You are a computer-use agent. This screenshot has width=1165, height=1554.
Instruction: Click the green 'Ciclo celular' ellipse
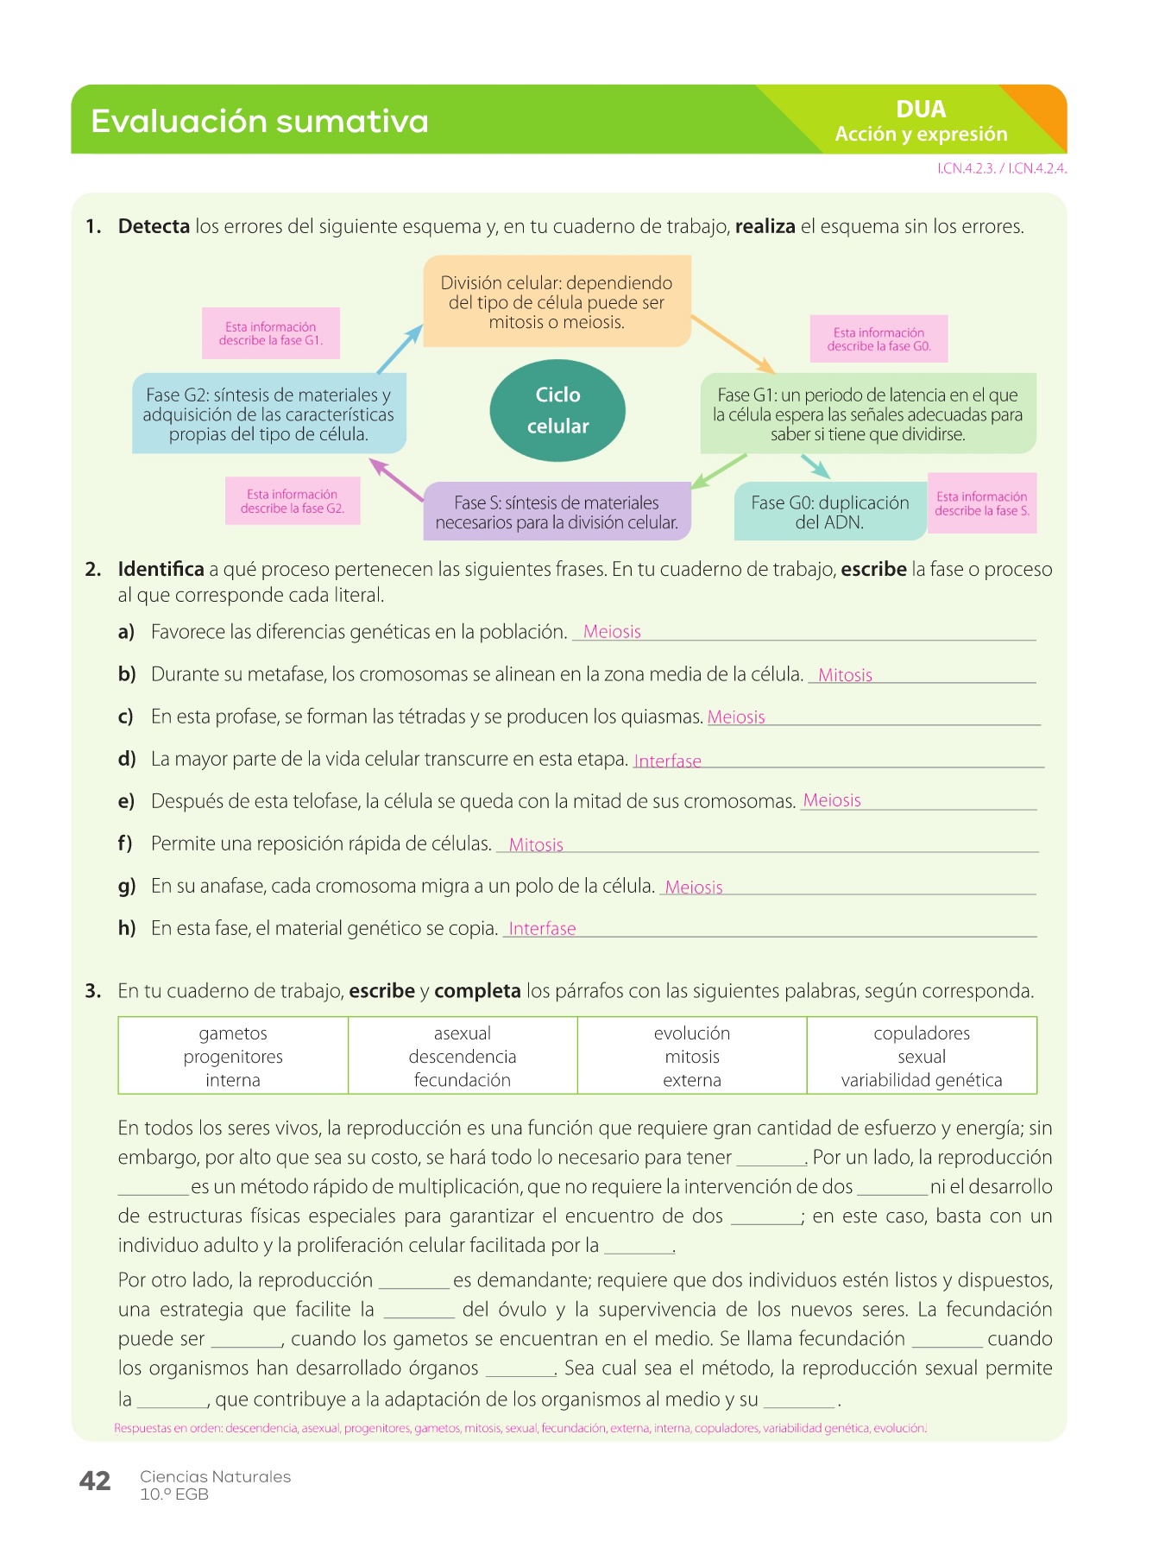[557, 410]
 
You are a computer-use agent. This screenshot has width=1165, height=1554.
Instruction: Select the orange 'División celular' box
[557, 301]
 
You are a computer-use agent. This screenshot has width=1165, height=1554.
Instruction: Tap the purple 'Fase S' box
[557, 512]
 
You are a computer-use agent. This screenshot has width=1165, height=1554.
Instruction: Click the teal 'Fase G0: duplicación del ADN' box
[829, 512]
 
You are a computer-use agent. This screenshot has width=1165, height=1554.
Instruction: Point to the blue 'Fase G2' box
[268, 414]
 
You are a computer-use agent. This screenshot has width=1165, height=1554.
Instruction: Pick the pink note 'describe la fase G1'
[271, 333]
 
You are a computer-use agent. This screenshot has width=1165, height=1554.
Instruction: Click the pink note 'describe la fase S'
[982, 503]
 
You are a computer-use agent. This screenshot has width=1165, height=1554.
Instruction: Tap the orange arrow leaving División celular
[733, 344]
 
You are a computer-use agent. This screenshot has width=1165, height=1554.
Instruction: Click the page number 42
[95, 1481]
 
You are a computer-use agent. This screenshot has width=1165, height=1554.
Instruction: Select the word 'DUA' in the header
[921, 110]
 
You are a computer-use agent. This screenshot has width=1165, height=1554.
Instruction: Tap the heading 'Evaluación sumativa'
[260, 121]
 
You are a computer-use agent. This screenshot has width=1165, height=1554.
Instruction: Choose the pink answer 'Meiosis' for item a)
[612, 631]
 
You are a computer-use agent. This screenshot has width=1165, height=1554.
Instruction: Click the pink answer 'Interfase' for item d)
[667, 761]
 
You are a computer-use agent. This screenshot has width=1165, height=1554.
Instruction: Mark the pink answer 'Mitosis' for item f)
[536, 844]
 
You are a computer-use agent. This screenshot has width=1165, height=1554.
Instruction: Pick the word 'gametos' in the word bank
[233, 1033]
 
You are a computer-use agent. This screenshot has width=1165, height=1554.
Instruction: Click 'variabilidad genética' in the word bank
[922, 1080]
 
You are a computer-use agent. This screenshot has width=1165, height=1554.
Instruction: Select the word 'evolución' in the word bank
[692, 1033]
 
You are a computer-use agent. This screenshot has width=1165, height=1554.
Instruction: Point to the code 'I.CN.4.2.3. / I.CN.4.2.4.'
[1002, 169]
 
